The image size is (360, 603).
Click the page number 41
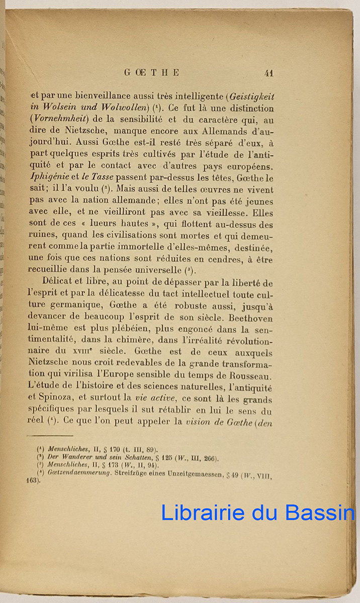click(268, 73)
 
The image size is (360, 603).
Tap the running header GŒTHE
click(151, 73)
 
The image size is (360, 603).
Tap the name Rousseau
click(250, 376)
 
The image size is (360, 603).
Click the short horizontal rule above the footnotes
click(50, 436)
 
